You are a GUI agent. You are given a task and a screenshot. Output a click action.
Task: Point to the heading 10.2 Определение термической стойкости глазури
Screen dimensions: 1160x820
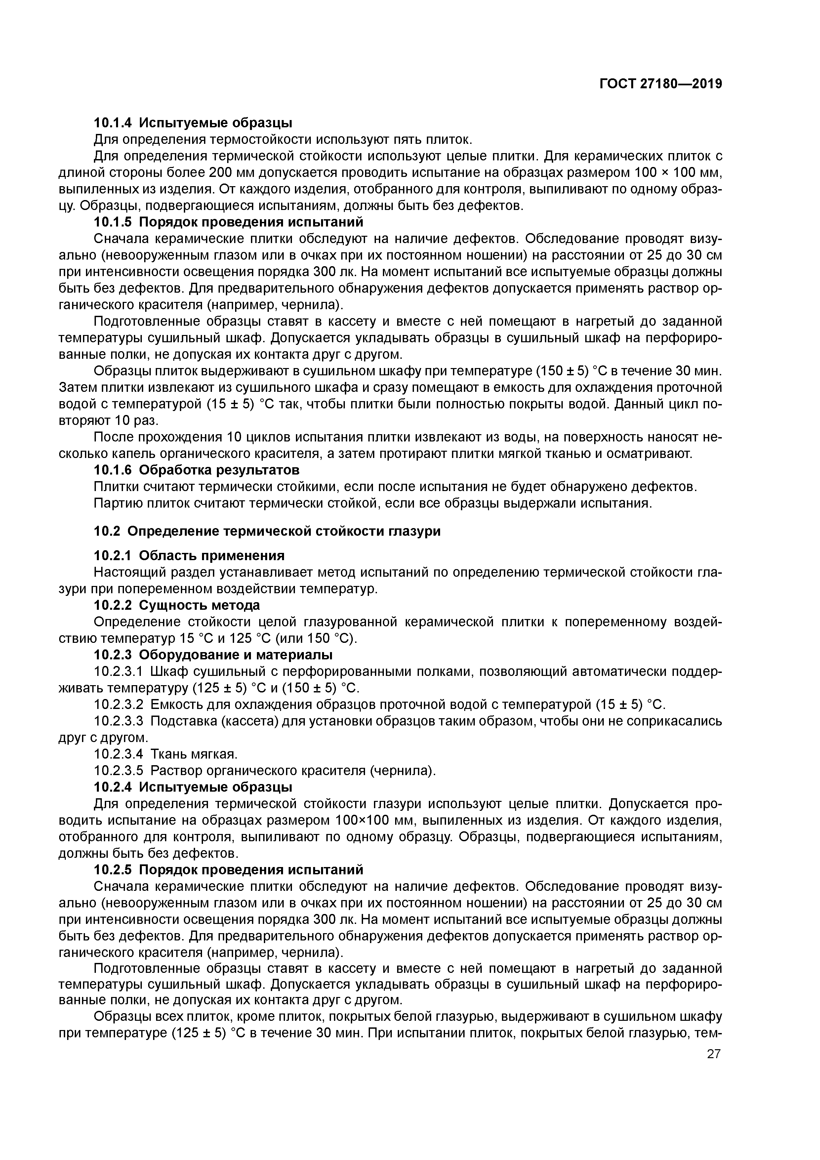tap(267, 531)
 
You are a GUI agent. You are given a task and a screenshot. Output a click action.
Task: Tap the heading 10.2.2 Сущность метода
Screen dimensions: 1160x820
tap(177, 605)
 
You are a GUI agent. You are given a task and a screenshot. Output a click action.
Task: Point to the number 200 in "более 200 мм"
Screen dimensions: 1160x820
tap(220, 172)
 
